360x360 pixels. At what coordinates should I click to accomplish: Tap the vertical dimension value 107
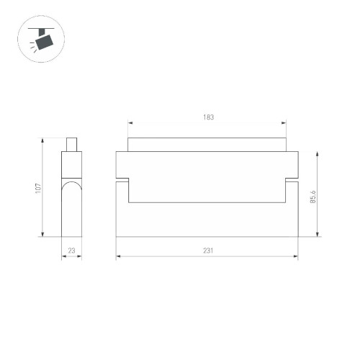pyautogui.click(x=38, y=187)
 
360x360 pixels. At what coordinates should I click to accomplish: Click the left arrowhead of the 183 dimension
pyautogui.click(x=130, y=122)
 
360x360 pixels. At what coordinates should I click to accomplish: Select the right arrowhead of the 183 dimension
pyautogui.click(x=284, y=122)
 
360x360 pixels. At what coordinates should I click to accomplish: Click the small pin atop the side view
pyautogui.click(x=71, y=145)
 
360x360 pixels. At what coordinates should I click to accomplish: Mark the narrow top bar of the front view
pyautogui.click(x=207, y=145)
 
